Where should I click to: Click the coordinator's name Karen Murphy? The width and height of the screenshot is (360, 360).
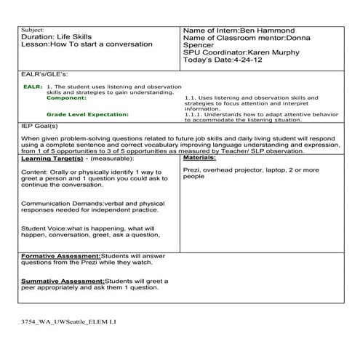click(x=278, y=53)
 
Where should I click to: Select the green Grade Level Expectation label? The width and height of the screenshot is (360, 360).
click(x=87, y=114)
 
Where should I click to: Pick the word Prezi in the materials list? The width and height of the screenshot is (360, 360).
click(x=192, y=169)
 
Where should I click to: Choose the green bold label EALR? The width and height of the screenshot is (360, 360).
click(x=33, y=86)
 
